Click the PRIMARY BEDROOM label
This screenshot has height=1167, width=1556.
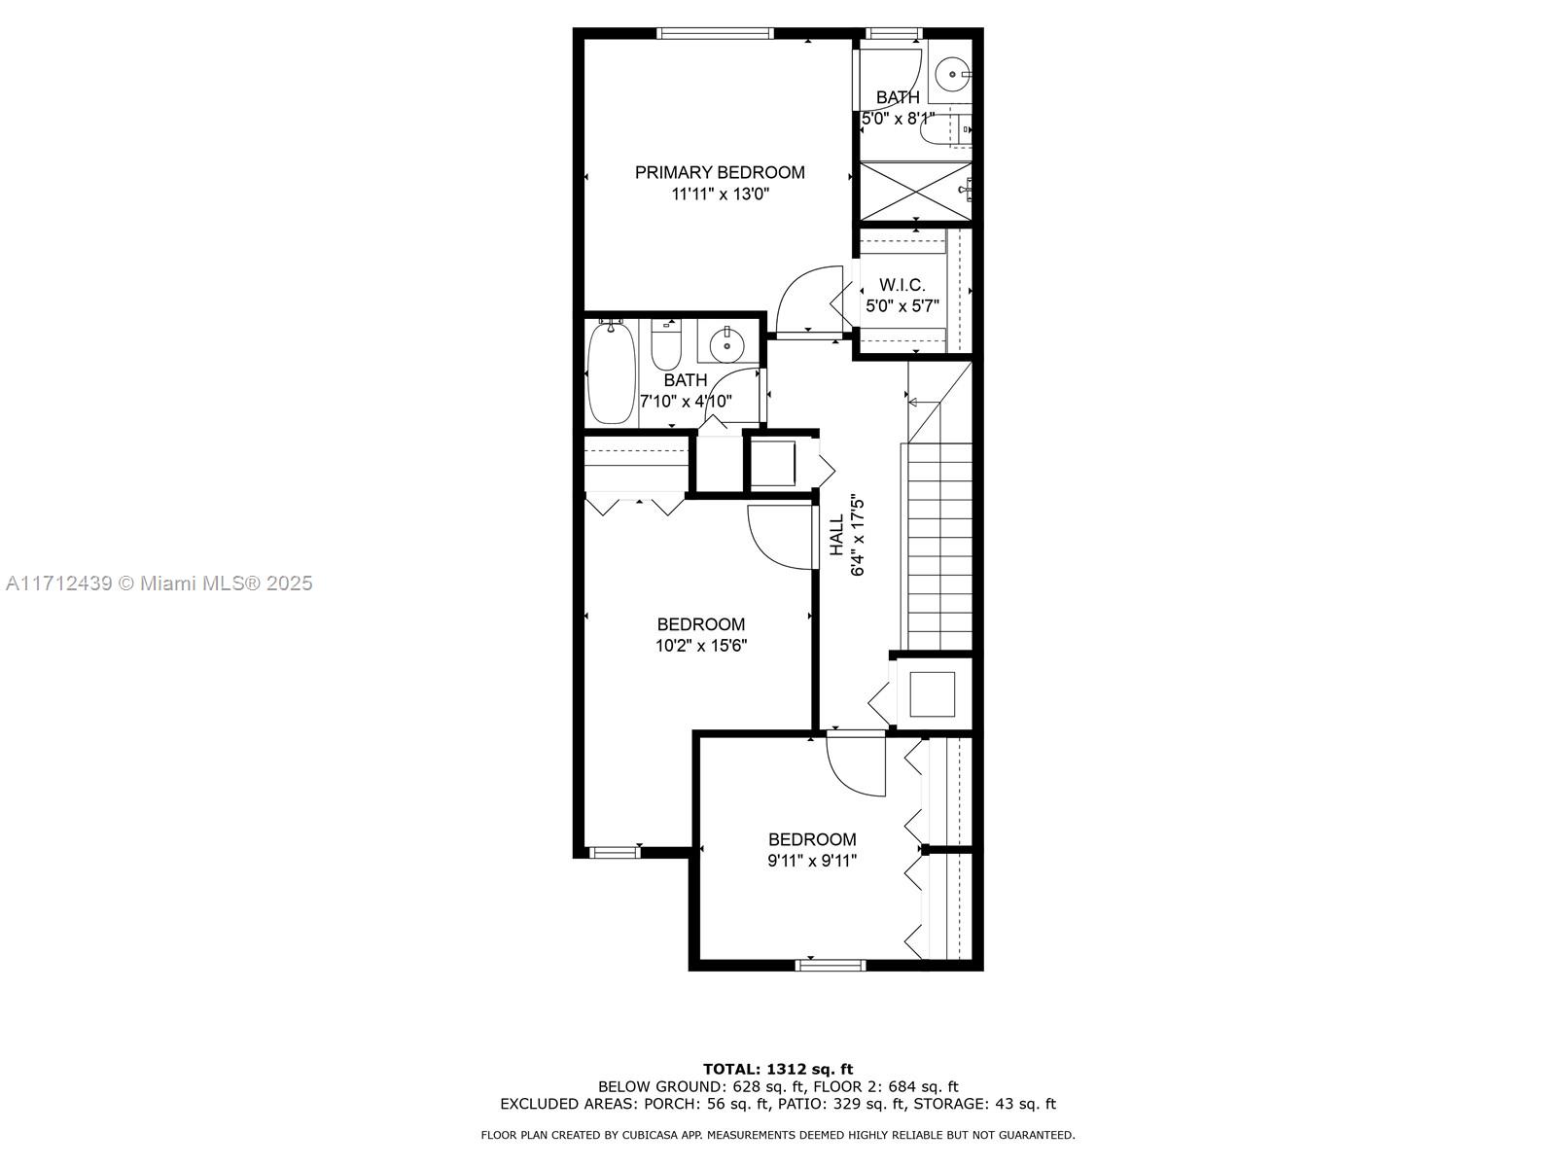click(x=720, y=172)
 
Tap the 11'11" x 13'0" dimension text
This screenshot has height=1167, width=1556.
click(x=721, y=194)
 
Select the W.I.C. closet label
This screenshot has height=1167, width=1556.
click(x=902, y=285)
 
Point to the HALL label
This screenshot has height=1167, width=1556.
click(x=837, y=535)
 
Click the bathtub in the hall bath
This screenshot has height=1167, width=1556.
click(x=611, y=372)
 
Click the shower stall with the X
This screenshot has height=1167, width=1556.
click(x=915, y=192)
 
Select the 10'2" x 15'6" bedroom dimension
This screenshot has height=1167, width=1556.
click(x=701, y=646)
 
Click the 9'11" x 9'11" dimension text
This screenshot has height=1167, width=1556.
click(x=812, y=861)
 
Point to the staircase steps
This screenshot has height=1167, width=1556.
click(x=939, y=546)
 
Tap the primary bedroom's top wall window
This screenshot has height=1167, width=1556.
click(x=714, y=33)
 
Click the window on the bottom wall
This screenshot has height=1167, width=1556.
click(x=831, y=965)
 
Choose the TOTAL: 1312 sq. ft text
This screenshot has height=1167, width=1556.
click(x=778, y=1069)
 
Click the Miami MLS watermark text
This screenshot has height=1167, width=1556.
click(x=159, y=583)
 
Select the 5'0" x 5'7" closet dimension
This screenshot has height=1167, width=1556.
click(x=902, y=306)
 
